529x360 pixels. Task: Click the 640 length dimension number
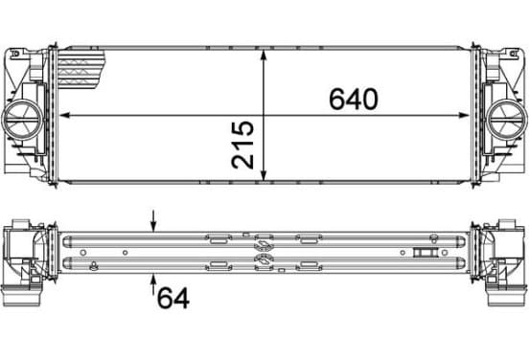click(354, 99)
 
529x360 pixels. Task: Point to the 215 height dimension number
click(242, 145)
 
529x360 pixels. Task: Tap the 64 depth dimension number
click(173, 298)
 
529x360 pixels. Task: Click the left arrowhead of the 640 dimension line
click(64, 115)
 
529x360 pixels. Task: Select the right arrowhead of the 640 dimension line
click(464, 115)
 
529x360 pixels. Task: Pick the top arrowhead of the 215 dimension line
click(264, 55)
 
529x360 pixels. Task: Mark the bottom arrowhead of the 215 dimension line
click(264, 175)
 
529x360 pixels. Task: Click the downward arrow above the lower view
click(153, 221)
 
